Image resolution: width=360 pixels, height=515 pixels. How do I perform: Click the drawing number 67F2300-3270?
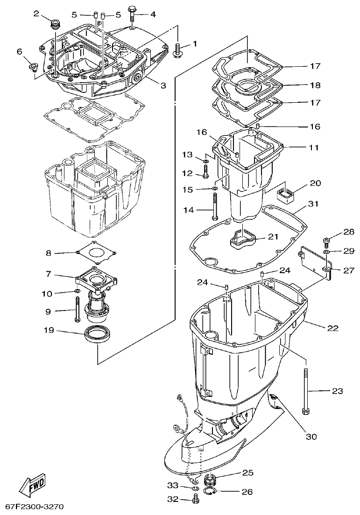point(35,507)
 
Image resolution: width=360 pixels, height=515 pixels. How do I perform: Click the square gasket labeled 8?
point(96,253)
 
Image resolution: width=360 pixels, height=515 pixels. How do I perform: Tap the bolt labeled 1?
point(178,49)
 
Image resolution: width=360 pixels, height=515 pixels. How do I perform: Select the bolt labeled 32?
point(196,500)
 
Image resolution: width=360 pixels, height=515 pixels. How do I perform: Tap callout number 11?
point(313,148)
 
